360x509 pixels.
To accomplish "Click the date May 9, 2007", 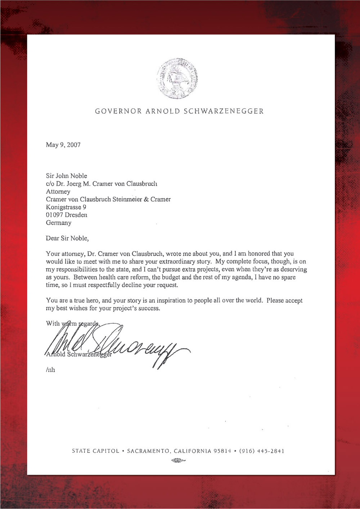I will [63, 145].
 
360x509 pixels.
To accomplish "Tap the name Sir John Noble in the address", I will [67, 176].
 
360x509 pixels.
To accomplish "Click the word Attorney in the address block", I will [58, 192].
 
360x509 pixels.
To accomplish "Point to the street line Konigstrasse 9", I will [66, 207].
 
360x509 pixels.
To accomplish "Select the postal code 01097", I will [54, 215].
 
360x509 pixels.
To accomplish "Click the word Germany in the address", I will [59, 223].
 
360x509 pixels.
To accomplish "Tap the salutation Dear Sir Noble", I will [67, 238].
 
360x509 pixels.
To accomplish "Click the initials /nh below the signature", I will [50, 370].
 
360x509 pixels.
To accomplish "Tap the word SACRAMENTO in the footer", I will [149, 451].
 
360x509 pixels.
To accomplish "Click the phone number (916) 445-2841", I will [262, 451].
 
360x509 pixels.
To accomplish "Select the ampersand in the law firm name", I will [146, 199].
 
